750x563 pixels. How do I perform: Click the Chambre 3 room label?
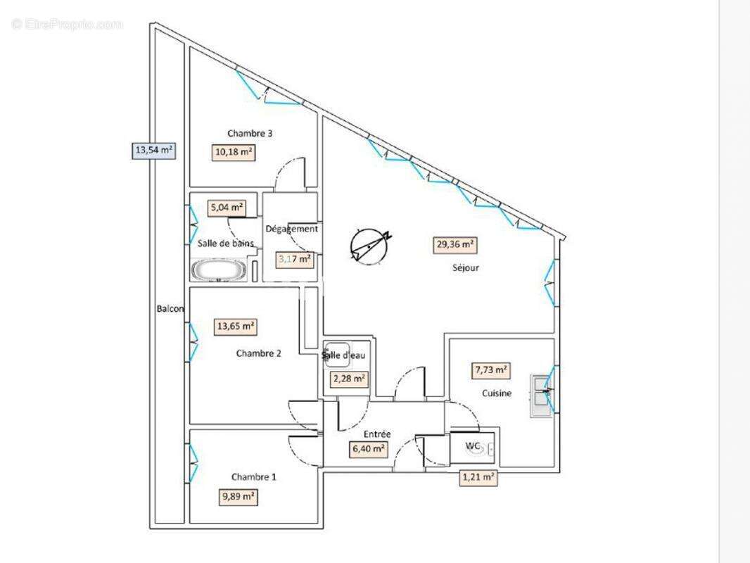pyautogui.click(x=250, y=133)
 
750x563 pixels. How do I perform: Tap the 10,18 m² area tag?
pyautogui.click(x=233, y=152)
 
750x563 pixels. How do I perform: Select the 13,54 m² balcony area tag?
pyautogui.click(x=153, y=149)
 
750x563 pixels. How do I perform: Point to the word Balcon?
pyautogui.click(x=170, y=309)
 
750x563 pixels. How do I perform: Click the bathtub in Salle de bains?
pyautogui.click(x=218, y=270)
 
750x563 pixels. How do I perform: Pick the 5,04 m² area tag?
pyautogui.click(x=226, y=208)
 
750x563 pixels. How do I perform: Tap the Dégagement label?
pyautogui.click(x=291, y=229)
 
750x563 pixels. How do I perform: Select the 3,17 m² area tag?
pyautogui.click(x=295, y=258)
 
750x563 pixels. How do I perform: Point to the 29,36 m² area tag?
pyautogui.click(x=454, y=245)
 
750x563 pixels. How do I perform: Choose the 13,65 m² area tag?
pyautogui.click(x=235, y=327)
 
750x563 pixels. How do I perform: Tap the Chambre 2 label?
pyautogui.click(x=259, y=353)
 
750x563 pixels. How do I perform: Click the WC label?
pyautogui.click(x=472, y=445)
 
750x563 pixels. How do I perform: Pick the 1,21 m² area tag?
pyautogui.click(x=478, y=478)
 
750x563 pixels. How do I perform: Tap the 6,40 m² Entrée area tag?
pyautogui.click(x=368, y=448)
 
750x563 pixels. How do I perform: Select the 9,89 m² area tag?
pyautogui.click(x=238, y=497)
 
